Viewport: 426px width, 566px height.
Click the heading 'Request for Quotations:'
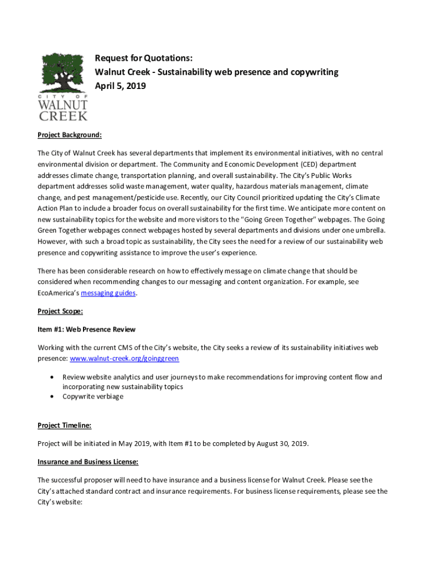tap(144, 58)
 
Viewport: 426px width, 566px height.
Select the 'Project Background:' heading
tap(70, 135)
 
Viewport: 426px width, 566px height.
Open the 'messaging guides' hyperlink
tap(108, 293)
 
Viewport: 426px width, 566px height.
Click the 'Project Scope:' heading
tap(60, 311)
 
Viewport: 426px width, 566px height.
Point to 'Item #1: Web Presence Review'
tap(86, 329)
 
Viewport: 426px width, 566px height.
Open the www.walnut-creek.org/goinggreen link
tap(124, 358)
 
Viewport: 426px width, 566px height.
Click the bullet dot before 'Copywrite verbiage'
tap(51, 396)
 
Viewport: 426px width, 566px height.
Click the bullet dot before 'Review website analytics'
tap(51, 377)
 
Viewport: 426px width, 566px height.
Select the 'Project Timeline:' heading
tap(64, 425)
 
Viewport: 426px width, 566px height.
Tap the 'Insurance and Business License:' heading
tap(88, 462)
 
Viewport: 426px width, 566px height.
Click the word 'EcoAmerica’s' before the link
tap(58, 293)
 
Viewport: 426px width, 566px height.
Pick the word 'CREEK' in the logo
tap(63, 116)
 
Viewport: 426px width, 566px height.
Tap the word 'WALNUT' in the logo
tap(63, 104)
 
